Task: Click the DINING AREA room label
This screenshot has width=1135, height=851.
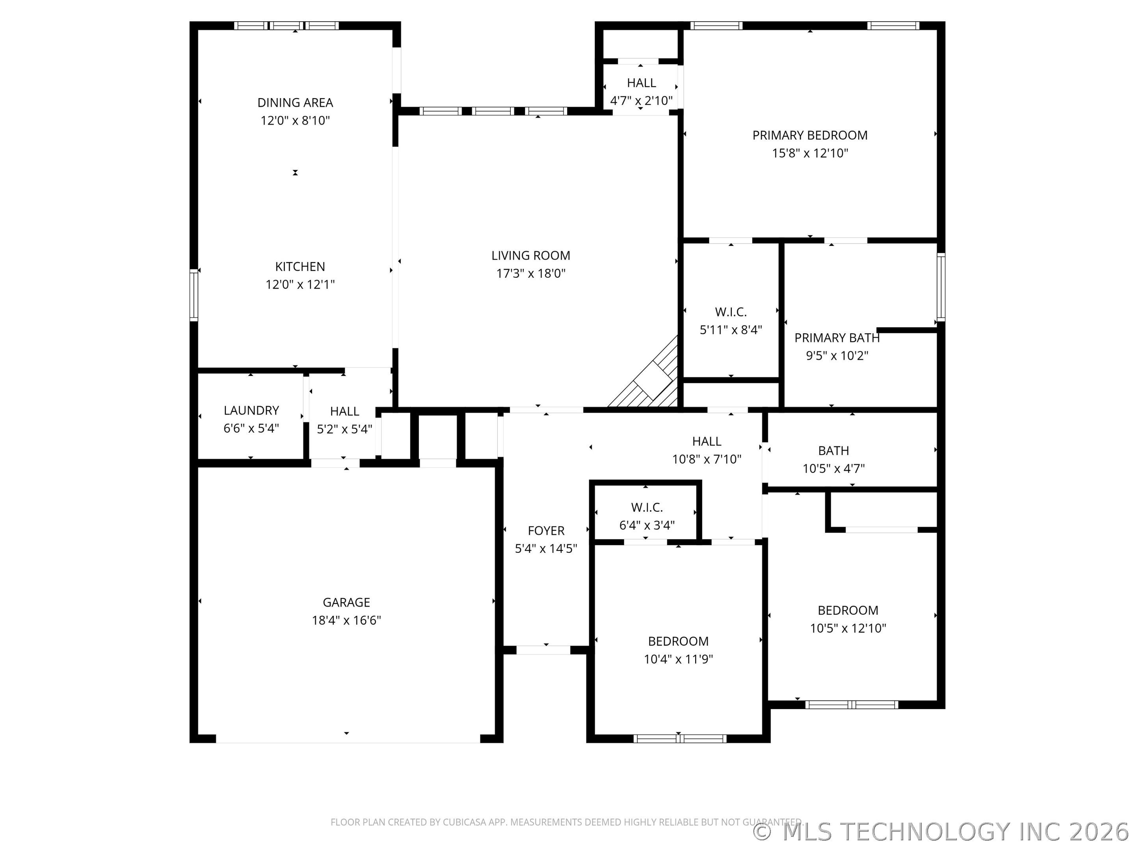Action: tap(295, 102)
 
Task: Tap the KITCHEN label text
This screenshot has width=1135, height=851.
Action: tap(300, 267)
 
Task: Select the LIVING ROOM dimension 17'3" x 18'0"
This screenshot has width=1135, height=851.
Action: tap(530, 273)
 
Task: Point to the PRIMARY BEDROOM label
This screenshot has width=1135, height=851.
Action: tap(810, 136)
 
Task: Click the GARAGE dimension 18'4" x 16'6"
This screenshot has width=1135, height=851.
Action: tap(346, 620)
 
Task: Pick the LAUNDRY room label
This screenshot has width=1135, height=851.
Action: tap(251, 411)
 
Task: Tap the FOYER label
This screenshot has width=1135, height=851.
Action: tap(546, 530)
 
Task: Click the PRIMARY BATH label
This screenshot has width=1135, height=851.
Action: tap(837, 338)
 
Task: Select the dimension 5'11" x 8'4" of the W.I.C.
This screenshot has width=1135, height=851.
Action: tap(731, 330)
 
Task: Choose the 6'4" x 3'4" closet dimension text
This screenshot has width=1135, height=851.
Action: tap(647, 525)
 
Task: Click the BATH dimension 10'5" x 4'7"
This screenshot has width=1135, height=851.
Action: tap(833, 468)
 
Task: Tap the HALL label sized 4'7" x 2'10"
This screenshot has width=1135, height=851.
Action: tap(641, 83)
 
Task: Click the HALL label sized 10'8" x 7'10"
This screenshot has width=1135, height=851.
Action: tap(707, 441)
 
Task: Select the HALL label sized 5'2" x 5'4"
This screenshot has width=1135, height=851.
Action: tap(344, 411)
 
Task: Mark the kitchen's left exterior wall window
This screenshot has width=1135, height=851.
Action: tap(194, 295)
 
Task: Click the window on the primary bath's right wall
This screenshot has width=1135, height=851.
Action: tap(941, 287)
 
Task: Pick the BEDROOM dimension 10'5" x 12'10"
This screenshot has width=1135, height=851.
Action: tap(848, 628)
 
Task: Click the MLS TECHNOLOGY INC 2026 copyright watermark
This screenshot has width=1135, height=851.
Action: tap(943, 832)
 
